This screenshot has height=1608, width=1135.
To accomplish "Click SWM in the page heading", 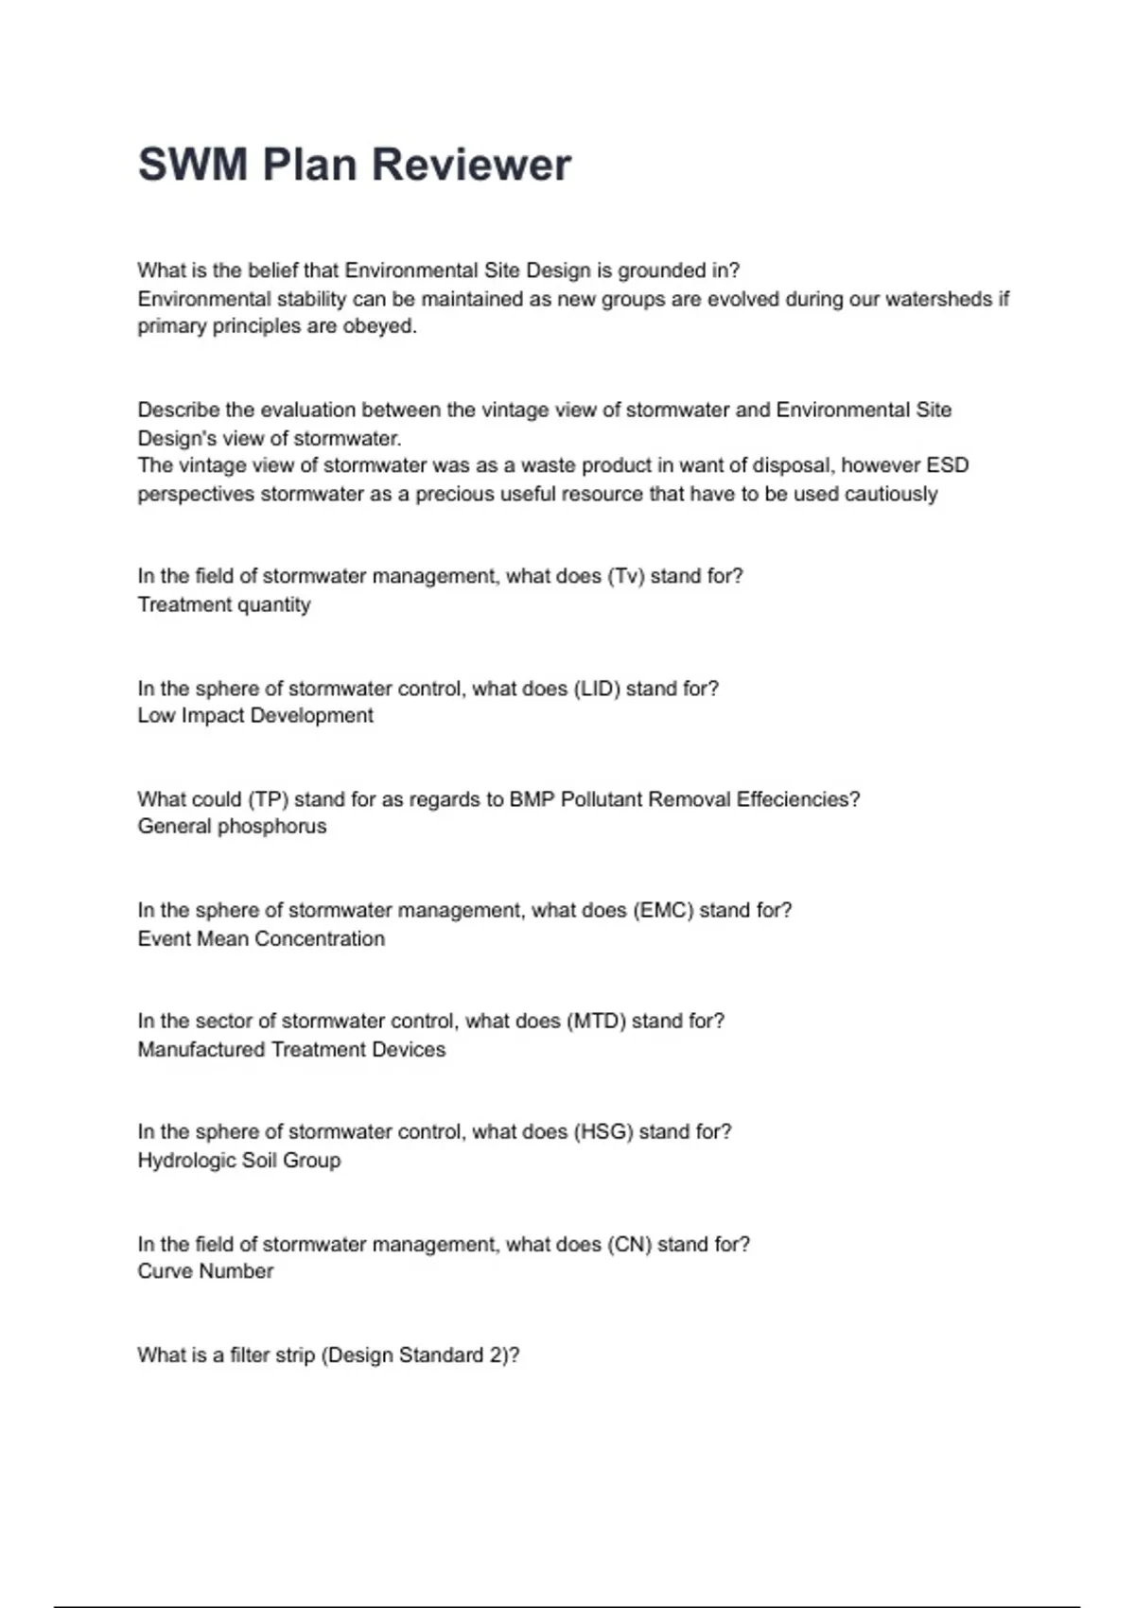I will coord(193,165).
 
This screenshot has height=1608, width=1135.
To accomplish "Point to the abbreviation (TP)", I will coord(268,799).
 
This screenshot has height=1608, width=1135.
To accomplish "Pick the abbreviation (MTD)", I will coord(596,1022).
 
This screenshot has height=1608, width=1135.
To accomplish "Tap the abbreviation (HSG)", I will coord(602,1132).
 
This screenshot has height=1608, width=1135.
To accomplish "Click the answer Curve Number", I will coord(205,1271).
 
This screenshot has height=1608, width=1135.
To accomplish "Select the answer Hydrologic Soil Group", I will coord(238,1161).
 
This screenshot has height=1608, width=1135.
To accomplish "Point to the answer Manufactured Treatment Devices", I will coord(291,1050).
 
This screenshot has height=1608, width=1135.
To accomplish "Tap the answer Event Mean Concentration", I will coord(261,939).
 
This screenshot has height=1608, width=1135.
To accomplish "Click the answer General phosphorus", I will coord(232,827).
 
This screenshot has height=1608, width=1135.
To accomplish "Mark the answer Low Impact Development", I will coord(255,716).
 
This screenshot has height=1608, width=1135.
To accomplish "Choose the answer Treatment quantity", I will coord(224,605).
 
